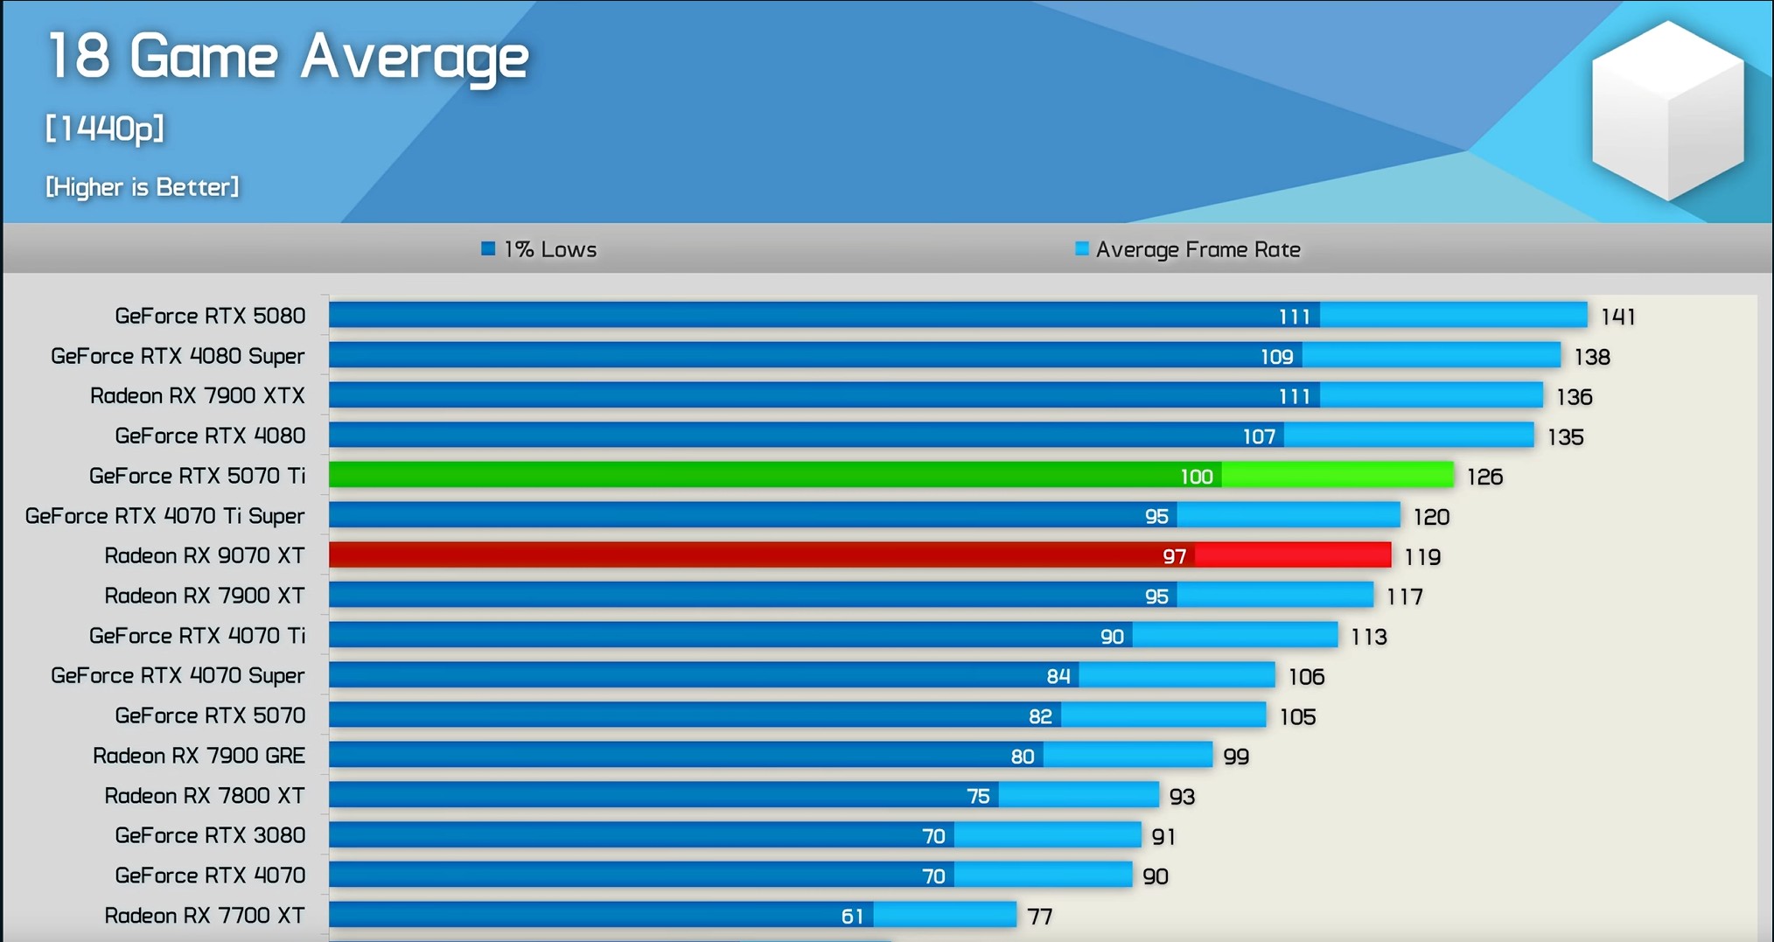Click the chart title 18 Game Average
(x=288, y=58)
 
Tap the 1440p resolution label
(x=105, y=129)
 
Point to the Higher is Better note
(x=142, y=187)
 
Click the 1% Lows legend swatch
(x=488, y=249)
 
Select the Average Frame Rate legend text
(x=1198, y=250)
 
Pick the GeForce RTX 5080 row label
(x=210, y=316)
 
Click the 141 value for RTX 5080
(x=1617, y=317)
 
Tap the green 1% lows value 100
(x=1196, y=477)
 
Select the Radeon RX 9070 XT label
(x=205, y=556)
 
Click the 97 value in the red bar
(x=1174, y=557)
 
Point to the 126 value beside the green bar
(x=1484, y=477)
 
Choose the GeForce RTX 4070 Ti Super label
(x=164, y=516)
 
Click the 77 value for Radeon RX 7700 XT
(x=1039, y=917)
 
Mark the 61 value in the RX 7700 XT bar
(x=852, y=917)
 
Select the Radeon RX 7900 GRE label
(x=199, y=756)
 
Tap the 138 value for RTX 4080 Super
(x=1591, y=357)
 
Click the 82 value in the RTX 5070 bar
(x=1040, y=717)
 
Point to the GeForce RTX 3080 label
(x=210, y=835)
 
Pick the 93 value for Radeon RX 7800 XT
(x=1182, y=797)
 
